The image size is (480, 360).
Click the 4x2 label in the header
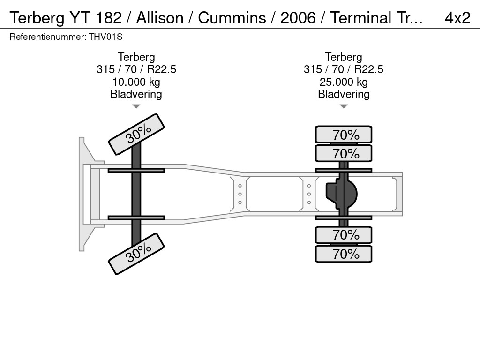pos(457,18)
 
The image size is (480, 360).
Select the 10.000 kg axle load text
pos(136,82)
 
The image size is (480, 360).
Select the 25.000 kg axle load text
pos(344,82)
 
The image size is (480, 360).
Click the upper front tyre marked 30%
pos(137,134)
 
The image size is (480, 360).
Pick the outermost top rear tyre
pos(344,135)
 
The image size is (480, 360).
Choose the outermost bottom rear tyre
pos(344,254)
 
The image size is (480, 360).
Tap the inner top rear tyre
pos(344,153)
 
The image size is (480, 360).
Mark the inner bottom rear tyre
pos(344,235)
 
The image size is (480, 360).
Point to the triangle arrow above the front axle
pos(136,106)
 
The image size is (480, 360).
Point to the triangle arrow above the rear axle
pos(344,106)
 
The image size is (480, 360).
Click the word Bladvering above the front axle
pos(136,94)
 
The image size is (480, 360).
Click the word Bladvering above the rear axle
pos(344,94)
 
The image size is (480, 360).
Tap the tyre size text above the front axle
pos(136,69)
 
